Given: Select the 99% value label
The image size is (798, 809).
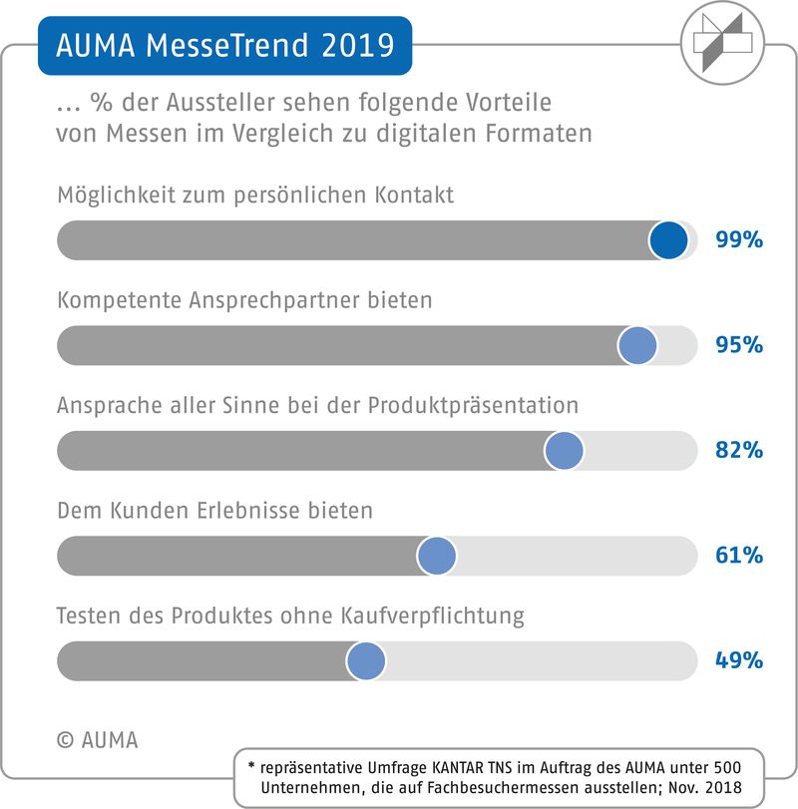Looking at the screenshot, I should point(738,240).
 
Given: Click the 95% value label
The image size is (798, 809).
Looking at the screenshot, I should point(738,345).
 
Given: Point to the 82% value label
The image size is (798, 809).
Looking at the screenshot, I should point(738,451).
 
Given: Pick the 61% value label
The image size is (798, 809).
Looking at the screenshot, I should point(738,556).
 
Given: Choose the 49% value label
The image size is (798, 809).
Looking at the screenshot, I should point(738,660).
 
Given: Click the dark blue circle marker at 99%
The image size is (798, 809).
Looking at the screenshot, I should point(668,240).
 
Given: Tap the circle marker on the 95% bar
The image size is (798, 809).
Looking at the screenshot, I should point(637,345).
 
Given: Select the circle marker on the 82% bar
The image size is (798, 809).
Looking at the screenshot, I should point(565,451).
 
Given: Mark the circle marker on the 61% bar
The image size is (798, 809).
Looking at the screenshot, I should point(436,556).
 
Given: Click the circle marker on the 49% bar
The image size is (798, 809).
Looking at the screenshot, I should point(366,660).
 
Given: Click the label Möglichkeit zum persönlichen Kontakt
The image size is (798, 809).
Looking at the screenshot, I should point(255,196).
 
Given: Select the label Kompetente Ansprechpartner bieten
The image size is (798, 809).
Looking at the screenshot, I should point(244,300).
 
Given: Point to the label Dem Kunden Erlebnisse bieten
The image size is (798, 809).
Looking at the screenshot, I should point(214,511).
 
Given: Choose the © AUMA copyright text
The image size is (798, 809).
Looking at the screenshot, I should point(98,740).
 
